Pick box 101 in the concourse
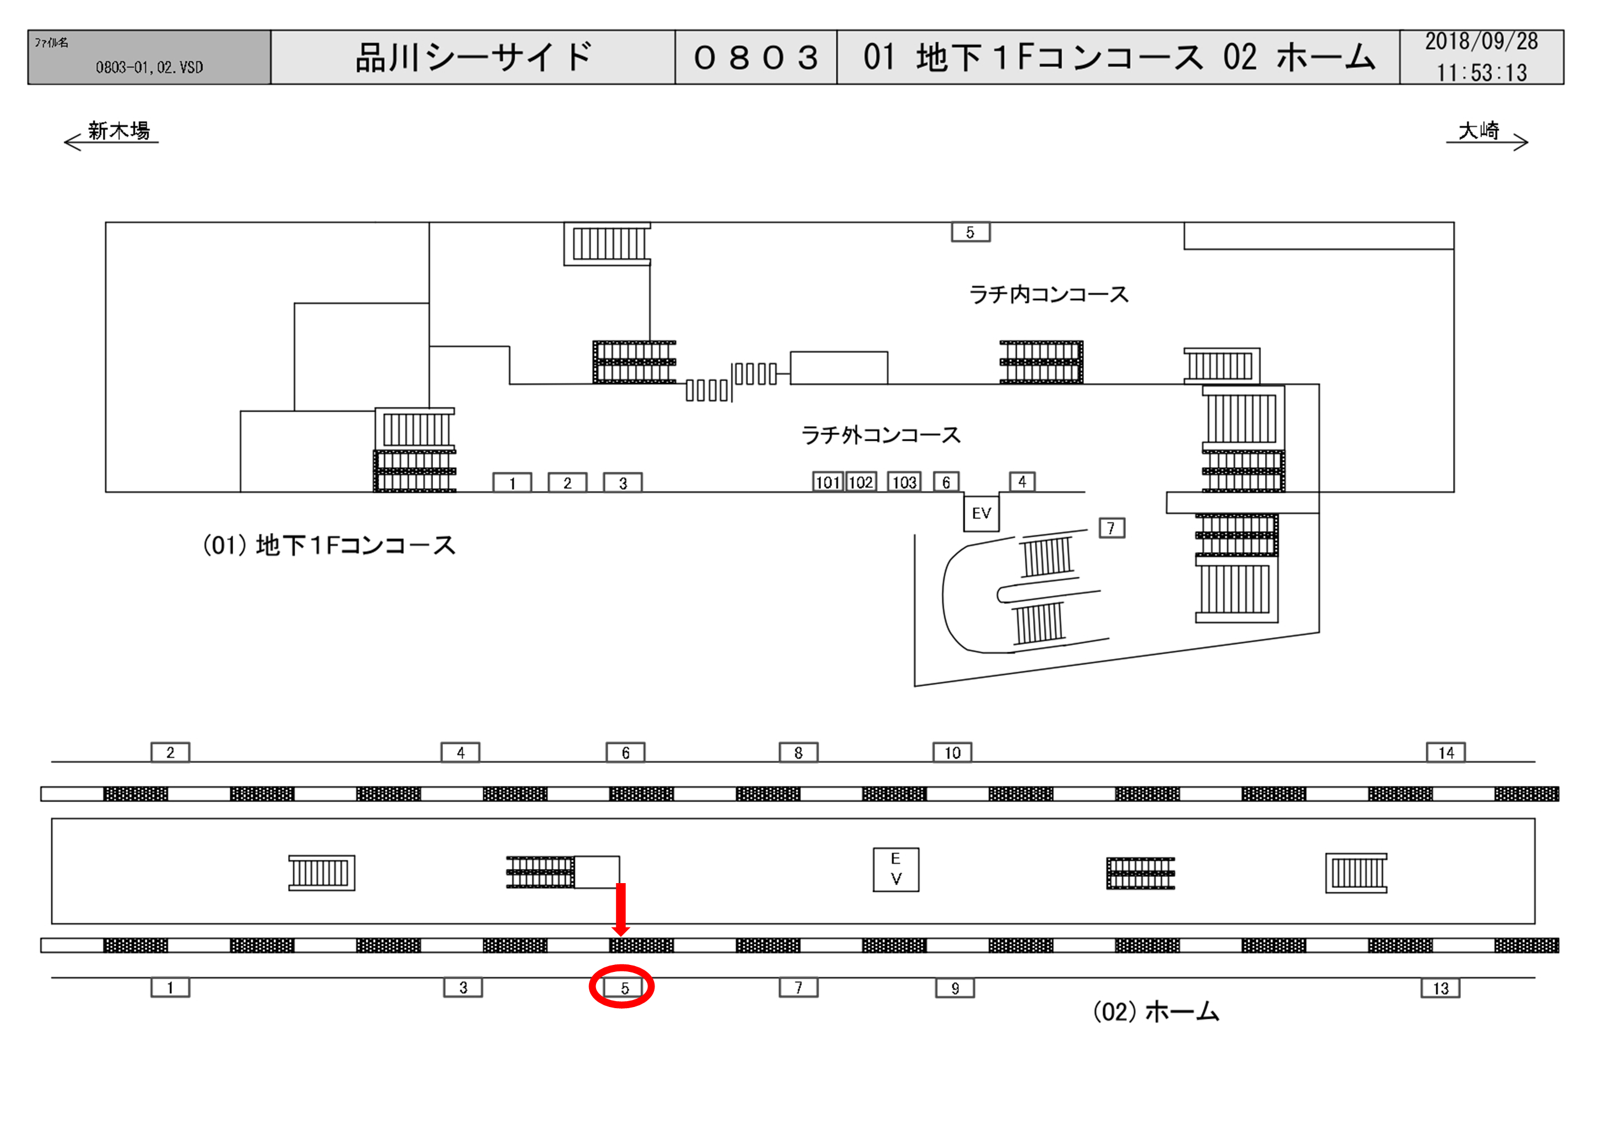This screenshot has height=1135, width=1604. [828, 482]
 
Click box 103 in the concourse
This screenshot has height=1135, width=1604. [904, 482]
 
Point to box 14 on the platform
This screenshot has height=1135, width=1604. [1446, 752]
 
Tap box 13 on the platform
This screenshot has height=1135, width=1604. [1440, 988]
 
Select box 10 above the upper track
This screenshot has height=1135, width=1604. [952, 752]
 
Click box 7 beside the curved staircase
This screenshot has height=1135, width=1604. [1111, 528]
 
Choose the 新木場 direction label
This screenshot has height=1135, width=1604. [119, 131]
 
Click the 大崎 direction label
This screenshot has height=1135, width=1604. [1479, 131]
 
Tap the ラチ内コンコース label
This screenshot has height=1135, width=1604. [1049, 294]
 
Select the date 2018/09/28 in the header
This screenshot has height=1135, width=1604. [1481, 42]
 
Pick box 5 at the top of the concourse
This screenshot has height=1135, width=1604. [971, 232]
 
